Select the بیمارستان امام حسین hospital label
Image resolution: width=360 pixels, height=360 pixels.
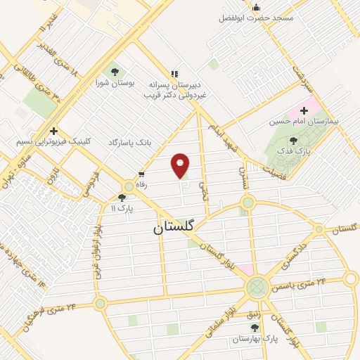pos(304,121)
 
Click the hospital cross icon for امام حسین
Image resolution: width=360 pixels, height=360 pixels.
pos(304,110)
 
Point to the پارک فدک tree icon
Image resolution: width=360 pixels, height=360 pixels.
pos(293,140)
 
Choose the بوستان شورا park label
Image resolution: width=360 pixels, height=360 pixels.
pos(115,82)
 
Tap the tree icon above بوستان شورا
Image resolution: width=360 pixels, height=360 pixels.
pos(115,70)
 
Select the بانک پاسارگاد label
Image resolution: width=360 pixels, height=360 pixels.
pos(130,143)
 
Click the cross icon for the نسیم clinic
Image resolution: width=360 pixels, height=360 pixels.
pos(53,131)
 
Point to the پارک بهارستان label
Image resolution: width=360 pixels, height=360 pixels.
pos(256,338)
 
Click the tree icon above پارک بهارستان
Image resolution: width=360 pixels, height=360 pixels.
pos(255,328)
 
